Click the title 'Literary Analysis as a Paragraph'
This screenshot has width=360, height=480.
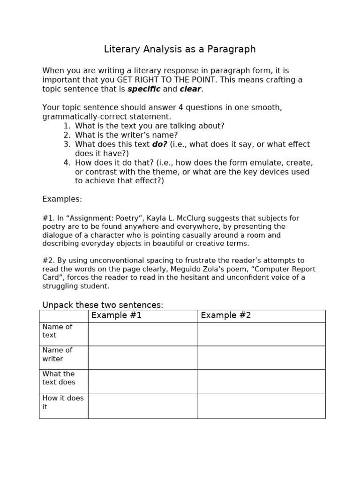tap(180, 49)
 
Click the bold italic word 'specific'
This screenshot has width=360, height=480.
tap(144, 89)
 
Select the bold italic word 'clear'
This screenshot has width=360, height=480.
tap(190, 89)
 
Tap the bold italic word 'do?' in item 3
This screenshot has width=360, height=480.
tap(159, 144)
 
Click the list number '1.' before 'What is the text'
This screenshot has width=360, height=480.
tap(67, 126)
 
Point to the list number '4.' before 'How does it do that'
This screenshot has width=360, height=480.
tap(67, 163)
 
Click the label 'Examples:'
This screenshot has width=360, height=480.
tap(62, 199)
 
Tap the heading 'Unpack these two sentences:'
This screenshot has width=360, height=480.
tap(103, 305)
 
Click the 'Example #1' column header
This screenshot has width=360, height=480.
tap(116, 315)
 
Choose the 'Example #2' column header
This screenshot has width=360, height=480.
tap(226, 315)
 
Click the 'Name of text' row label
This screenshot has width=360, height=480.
tap(57, 331)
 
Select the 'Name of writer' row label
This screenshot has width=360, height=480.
tap(57, 354)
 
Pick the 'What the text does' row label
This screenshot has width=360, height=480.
tap(59, 378)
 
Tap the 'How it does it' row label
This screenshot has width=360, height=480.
tap(62, 402)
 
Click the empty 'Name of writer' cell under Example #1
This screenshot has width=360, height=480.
tap(142, 358)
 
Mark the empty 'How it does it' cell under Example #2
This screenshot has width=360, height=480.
tap(261, 406)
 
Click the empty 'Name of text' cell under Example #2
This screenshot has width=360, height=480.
tap(261, 334)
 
